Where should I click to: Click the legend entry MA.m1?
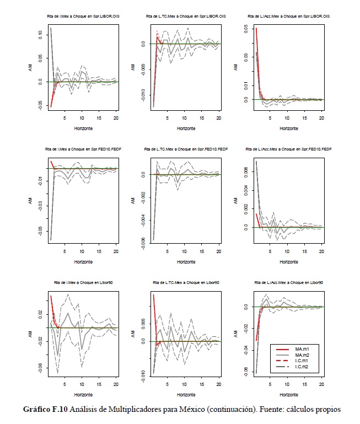pyautogui.click(x=308, y=349)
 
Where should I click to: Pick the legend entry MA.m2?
pyautogui.click(x=308, y=356)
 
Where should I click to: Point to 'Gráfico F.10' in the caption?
pyautogui.click(x=42, y=409)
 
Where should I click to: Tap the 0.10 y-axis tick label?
pyautogui.click(x=40, y=34)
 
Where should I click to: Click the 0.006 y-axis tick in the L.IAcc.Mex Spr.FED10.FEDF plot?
pyautogui.click(x=246, y=172)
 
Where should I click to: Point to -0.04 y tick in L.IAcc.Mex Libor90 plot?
pyautogui.click(x=246, y=350)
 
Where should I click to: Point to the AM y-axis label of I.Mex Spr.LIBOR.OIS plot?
pyautogui.click(x=31, y=67)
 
